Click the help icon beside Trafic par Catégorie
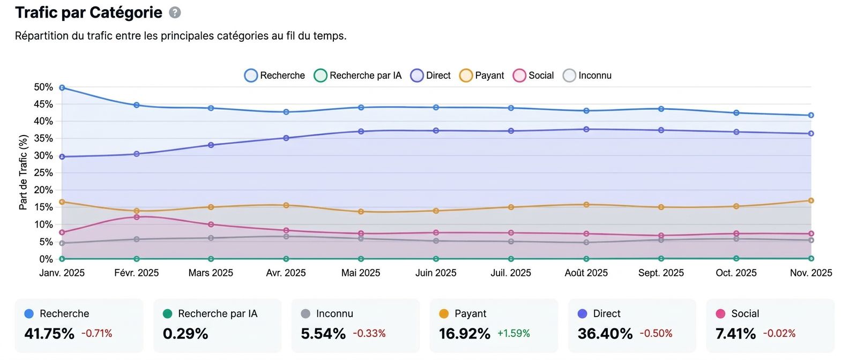(x=175, y=13)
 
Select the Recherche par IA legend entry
(x=358, y=76)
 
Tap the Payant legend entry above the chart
(x=482, y=76)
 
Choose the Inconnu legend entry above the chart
(x=587, y=76)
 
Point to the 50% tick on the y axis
(x=43, y=87)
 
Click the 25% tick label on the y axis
(x=43, y=172)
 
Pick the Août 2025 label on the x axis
(x=586, y=273)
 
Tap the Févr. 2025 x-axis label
(x=137, y=273)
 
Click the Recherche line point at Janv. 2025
(x=62, y=87)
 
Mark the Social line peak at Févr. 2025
(x=137, y=217)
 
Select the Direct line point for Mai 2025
(x=361, y=131)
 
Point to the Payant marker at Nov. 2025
(x=811, y=201)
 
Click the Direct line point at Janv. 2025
(x=62, y=157)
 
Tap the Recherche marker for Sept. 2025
(x=661, y=109)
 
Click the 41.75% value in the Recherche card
(x=49, y=334)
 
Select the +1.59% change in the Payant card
(x=513, y=334)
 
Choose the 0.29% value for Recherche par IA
(x=185, y=334)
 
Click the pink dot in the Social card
(x=720, y=314)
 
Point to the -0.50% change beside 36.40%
(x=656, y=334)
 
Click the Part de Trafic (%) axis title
(x=23, y=172)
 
